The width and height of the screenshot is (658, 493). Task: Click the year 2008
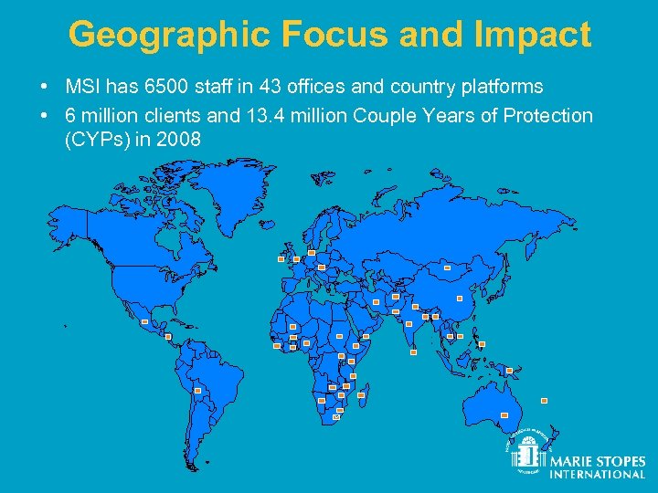click(x=181, y=140)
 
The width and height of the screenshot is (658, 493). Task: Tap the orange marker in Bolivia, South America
click(x=197, y=390)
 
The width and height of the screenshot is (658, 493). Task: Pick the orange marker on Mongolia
click(x=447, y=268)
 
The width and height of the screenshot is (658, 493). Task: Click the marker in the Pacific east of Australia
click(x=544, y=400)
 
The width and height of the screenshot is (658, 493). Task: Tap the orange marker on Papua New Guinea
click(x=509, y=371)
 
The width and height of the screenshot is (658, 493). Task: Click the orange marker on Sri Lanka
click(x=413, y=351)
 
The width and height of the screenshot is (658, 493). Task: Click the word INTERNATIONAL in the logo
click(x=597, y=474)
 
